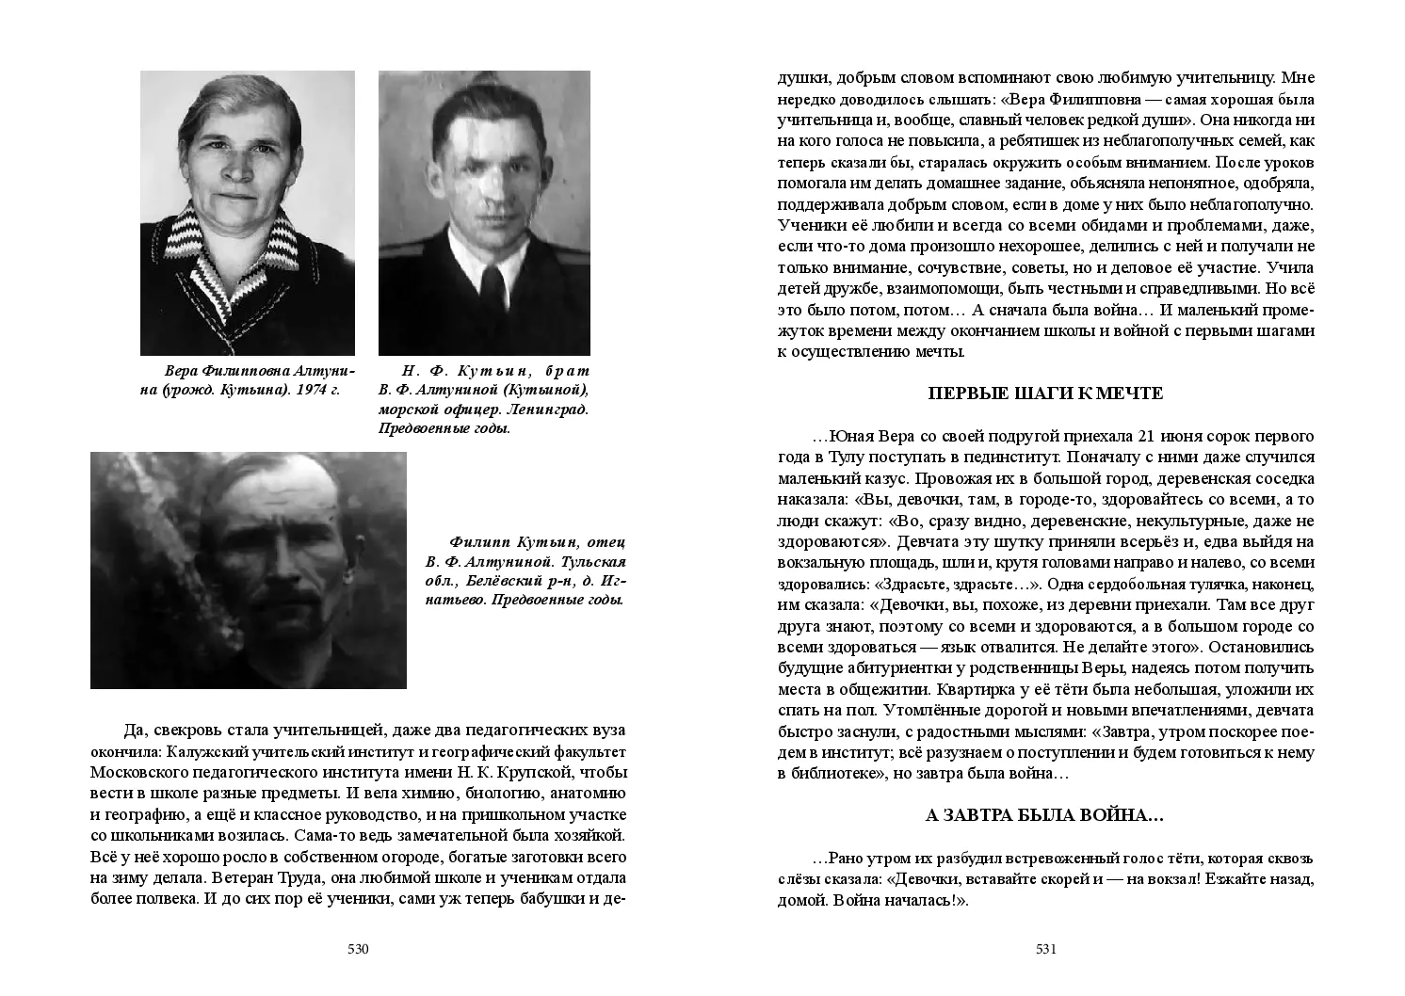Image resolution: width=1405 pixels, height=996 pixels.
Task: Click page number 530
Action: coord(358,949)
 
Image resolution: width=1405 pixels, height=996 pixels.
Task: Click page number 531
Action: coord(1046,949)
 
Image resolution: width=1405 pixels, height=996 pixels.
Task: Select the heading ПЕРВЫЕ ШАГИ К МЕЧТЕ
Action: coord(1045,394)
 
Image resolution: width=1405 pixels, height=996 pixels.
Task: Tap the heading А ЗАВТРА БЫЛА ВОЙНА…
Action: coord(1045,816)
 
